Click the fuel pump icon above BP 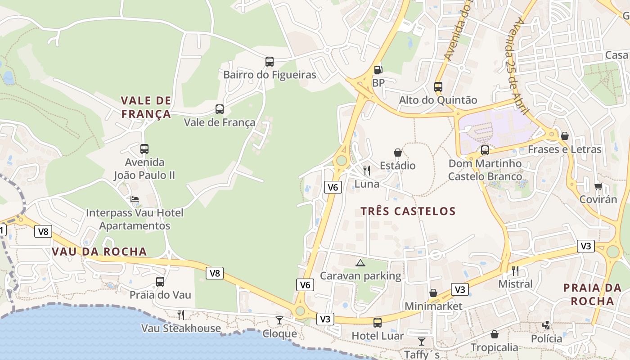pos(378,69)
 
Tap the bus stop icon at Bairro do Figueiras pos(270,62)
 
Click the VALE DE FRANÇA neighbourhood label pos(146,107)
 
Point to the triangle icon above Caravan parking pos(360,263)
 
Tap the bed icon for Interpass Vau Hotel pos(135,199)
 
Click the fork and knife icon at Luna pos(367,170)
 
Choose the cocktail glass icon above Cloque pos(279,320)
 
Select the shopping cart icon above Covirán pos(598,186)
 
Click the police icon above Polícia pos(546,325)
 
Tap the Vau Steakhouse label pos(181,328)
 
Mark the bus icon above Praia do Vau pos(160,282)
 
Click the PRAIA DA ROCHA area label pos(592,294)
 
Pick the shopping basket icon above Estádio pos(398,153)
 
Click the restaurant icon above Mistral pos(515,270)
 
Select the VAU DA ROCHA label pos(99,252)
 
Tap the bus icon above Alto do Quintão pos(438,87)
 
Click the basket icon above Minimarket pos(433,293)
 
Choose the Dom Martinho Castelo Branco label pos(485,170)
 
